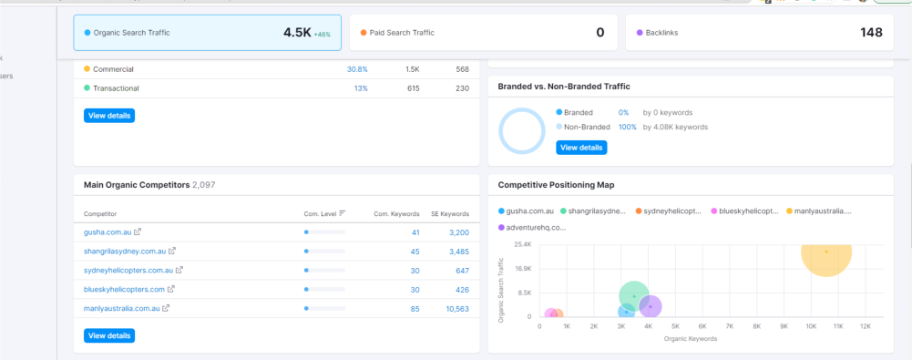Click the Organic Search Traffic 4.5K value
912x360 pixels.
(x=297, y=33)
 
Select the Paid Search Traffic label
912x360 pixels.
(x=402, y=33)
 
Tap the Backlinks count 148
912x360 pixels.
(x=871, y=33)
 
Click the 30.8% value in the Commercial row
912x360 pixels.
(x=357, y=69)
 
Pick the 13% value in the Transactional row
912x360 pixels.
(x=361, y=88)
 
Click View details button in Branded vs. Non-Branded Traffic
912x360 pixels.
(x=580, y=147)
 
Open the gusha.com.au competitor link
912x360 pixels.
(x=108, y=232)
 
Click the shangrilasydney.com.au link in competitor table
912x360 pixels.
(x=125, y=252)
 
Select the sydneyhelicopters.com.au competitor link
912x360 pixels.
(x=128, y=271)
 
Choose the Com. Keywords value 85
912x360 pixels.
(x=415, y=309)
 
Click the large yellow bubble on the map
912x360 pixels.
(x=826, y=252)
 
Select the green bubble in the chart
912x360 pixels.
(x=633, y=296)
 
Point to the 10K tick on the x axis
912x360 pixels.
(x=811, y=325)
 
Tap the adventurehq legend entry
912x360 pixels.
(x=532, y=227)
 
